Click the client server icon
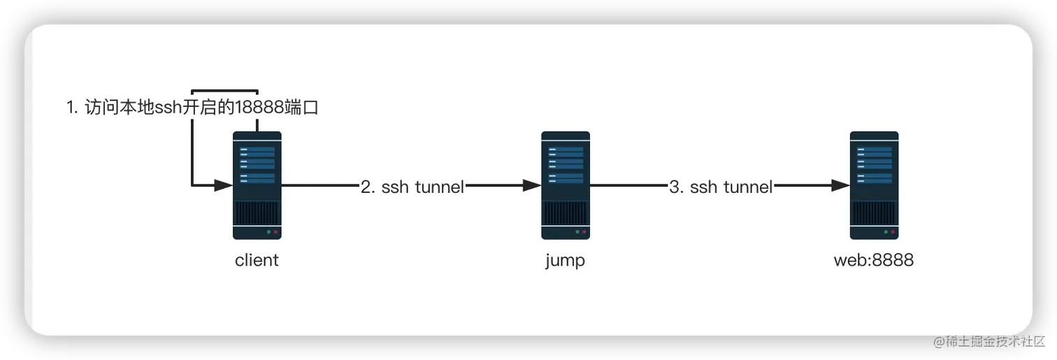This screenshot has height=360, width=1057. [257, 185]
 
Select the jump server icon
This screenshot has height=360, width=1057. [565, 185]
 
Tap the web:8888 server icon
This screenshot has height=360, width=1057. [874, 185]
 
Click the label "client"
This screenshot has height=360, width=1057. [257, 261]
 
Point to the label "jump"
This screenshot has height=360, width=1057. [565, 261]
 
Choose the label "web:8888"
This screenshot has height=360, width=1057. [874, 261]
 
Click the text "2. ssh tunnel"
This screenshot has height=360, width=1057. [412, 187]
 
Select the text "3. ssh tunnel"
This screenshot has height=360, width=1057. [721, 187]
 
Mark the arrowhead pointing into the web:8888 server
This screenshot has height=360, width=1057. [840, 186]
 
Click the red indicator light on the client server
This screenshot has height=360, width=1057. [275, 231]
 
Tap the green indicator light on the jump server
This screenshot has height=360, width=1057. [577, 231]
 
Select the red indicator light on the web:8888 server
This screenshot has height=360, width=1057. [893, 231]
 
